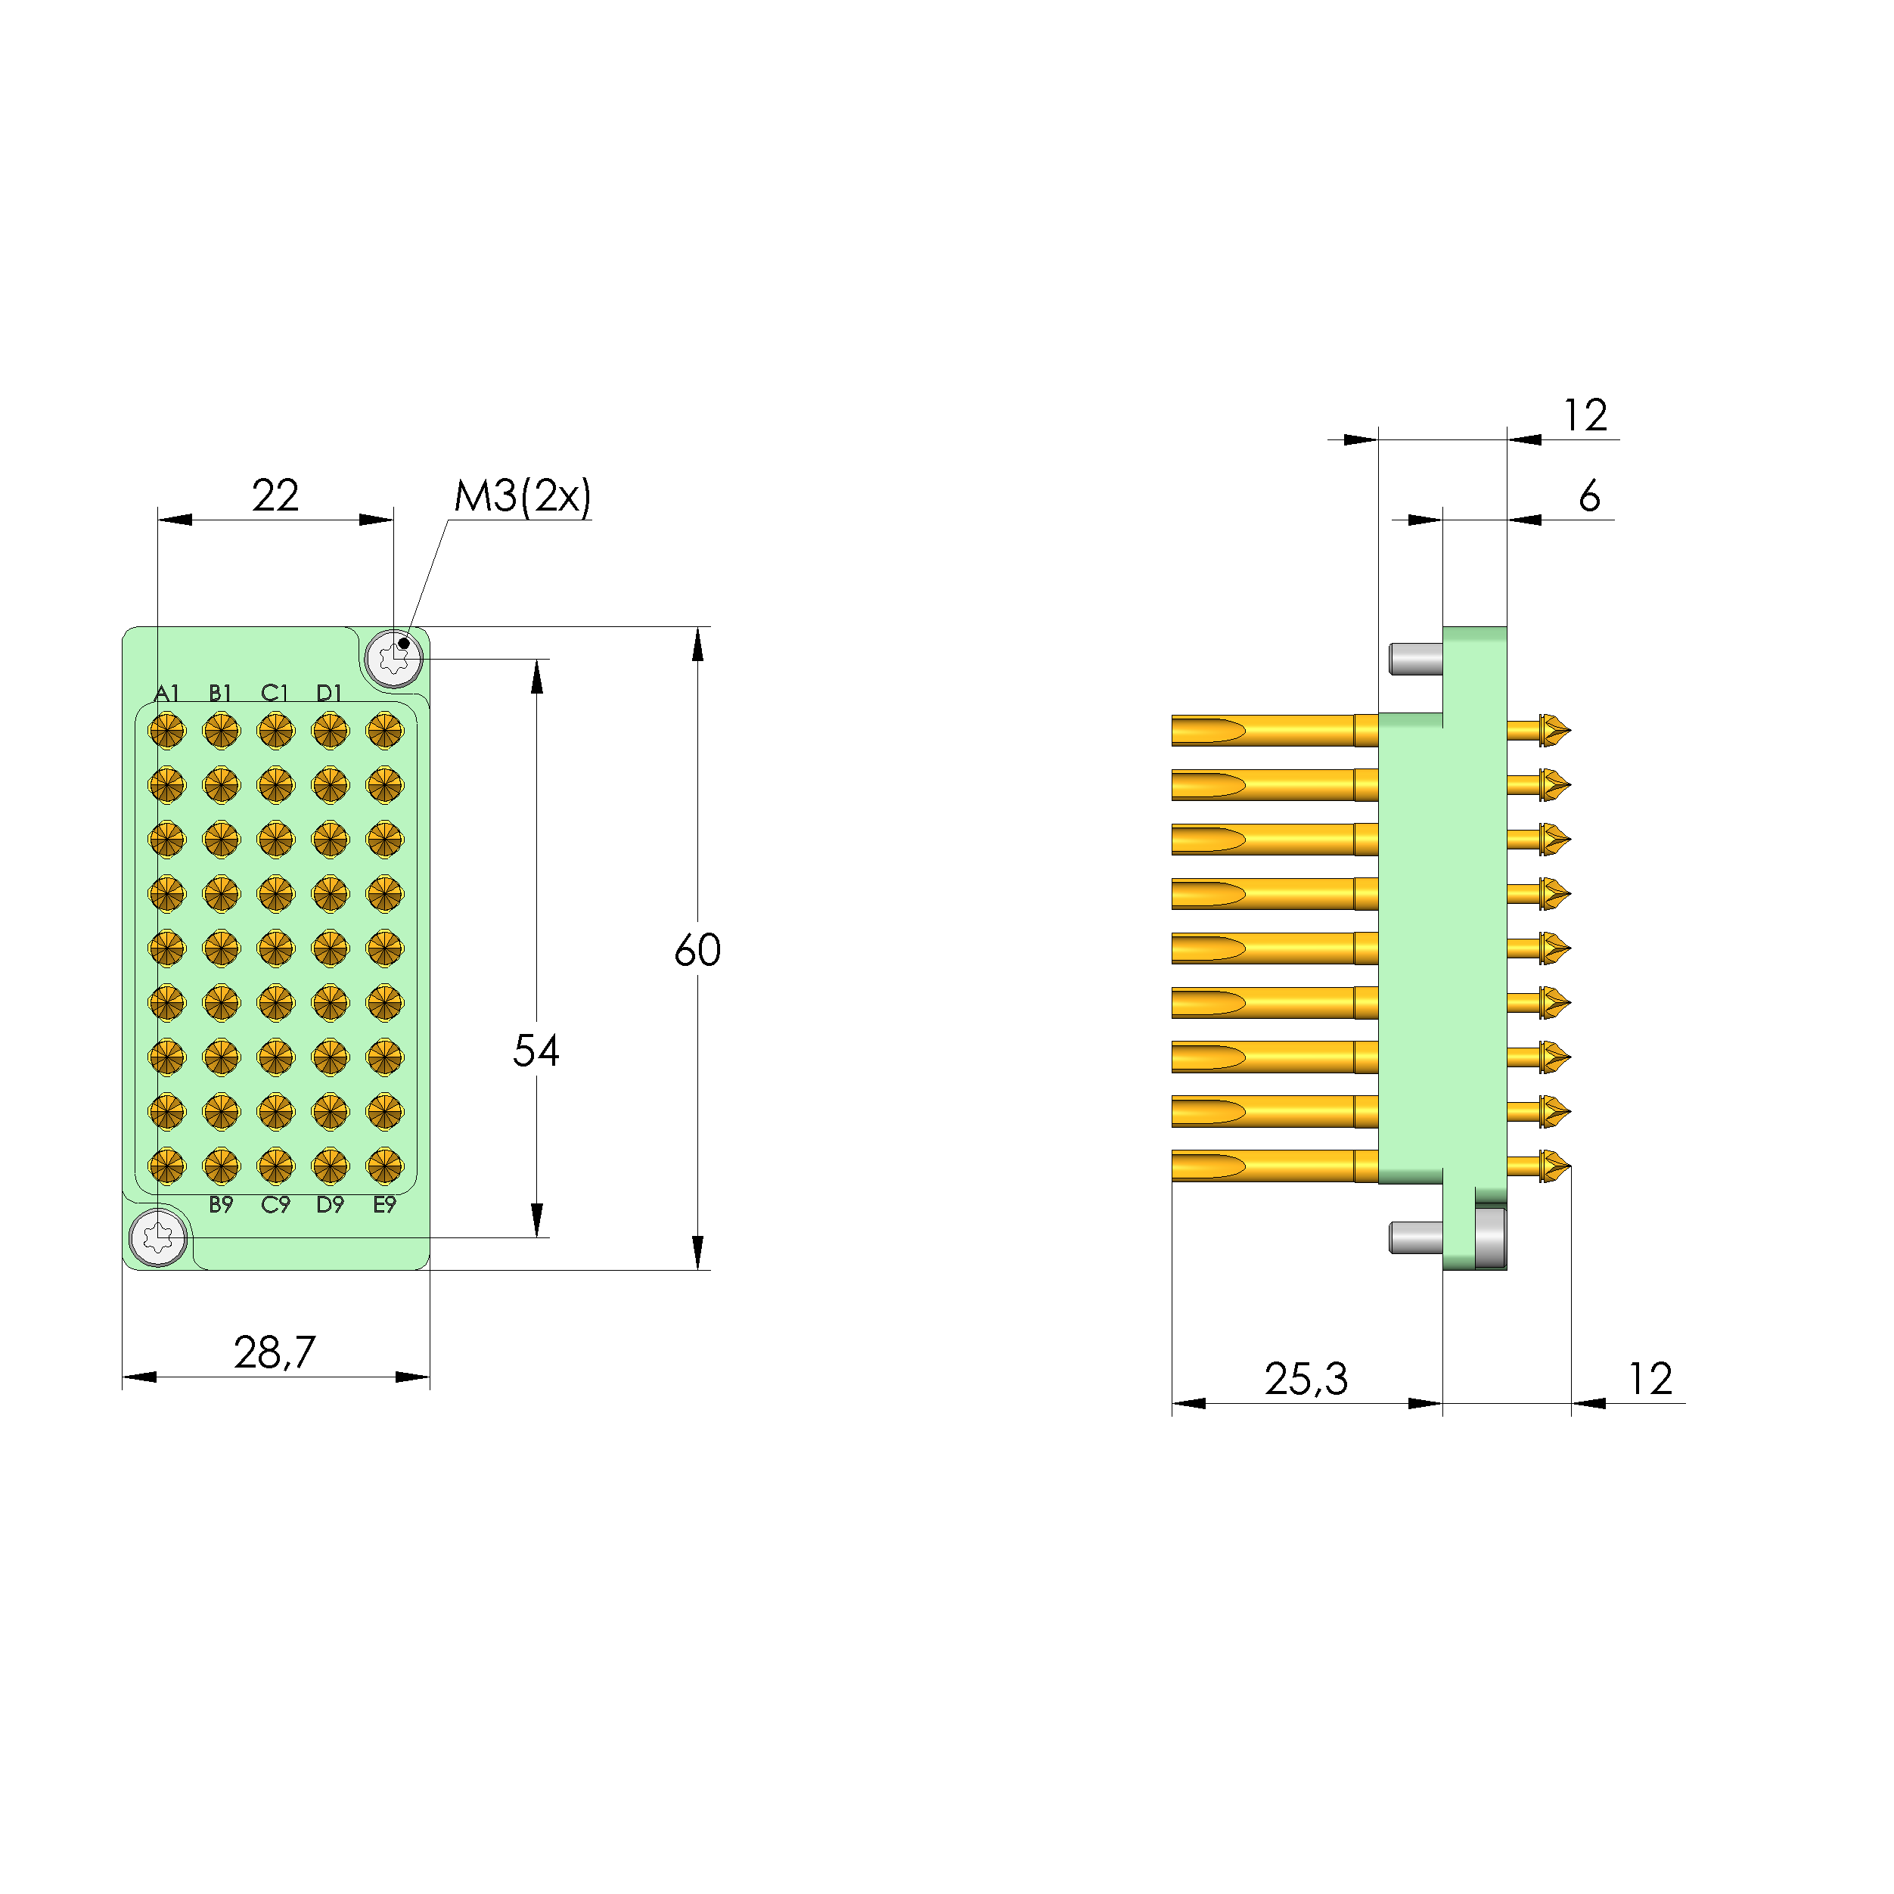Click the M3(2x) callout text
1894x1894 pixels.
click(x=523, y=496)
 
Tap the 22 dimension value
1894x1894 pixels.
click(x=275, y=495)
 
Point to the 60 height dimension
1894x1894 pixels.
click(x=697, y=950)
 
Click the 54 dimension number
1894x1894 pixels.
click(x=536, y=1051)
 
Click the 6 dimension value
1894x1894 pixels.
click(x=1589, y=496)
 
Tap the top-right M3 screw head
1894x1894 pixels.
click(x=394, y=658)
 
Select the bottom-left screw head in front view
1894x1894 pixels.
click(x=158, y=1237)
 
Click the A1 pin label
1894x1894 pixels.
click(x=166, y=693)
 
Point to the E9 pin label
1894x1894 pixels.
click(x=384, y=1205)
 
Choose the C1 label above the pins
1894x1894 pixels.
click(x=275, y=693)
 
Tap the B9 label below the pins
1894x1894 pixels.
click(x=222, y=1205)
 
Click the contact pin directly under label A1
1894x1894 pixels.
click(x=166, y=731)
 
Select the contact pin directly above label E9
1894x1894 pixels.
click(x=384, y=1166)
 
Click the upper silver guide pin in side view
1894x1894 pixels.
click(x=1416, y=659)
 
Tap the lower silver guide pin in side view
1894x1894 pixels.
click(x=1416, y=1237)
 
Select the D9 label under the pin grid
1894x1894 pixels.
click(x=331, y=1205)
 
